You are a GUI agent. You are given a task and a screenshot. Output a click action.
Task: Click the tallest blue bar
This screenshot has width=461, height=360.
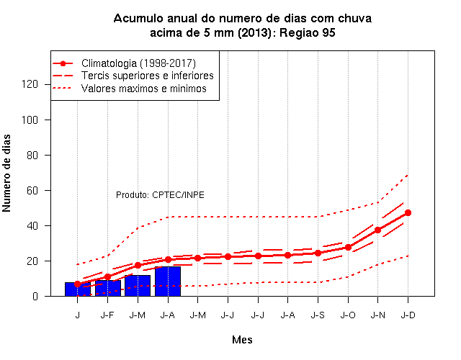point(168,282)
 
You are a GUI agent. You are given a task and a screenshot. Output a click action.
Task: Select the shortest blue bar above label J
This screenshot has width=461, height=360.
point(78,289)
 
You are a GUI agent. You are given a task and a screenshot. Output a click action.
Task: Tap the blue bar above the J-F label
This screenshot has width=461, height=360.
point(107,288)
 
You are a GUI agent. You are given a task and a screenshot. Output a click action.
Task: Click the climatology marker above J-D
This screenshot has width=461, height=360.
point(408,213)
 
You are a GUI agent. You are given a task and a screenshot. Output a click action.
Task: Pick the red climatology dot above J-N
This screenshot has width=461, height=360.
point(377,230)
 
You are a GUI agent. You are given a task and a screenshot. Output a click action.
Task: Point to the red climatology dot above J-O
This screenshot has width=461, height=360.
point(348,248)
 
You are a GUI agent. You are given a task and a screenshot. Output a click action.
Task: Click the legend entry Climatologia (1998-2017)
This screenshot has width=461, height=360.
point(138,63)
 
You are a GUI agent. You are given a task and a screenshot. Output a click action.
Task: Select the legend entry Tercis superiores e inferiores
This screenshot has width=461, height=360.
point(147,76)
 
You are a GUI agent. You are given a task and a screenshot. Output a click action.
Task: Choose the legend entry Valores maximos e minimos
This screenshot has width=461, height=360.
point(144,89)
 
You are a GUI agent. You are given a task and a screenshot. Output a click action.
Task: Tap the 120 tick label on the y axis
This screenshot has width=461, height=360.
point(30,85)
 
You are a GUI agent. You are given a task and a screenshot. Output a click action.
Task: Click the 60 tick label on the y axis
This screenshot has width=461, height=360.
point(32,190)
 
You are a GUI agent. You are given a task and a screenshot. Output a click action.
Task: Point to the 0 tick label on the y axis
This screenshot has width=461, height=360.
point(35,296)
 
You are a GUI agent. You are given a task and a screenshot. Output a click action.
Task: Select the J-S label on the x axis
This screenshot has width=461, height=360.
point(318,315)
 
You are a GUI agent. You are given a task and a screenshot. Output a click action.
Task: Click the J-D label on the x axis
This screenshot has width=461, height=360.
point(408,315)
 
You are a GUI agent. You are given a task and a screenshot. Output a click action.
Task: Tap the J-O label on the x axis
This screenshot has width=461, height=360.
point(348,315)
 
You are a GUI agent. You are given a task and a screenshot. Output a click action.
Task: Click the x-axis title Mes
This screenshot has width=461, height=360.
point(242,340)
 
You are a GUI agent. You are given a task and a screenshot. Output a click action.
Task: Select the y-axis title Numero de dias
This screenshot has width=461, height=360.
point(6,173)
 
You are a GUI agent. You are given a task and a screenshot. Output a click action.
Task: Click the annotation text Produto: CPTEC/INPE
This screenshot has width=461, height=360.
point(160,195)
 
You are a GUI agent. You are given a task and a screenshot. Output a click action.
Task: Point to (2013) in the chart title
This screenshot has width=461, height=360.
point(254,32)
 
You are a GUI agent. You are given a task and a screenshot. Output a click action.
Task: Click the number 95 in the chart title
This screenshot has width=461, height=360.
point(328,32)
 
